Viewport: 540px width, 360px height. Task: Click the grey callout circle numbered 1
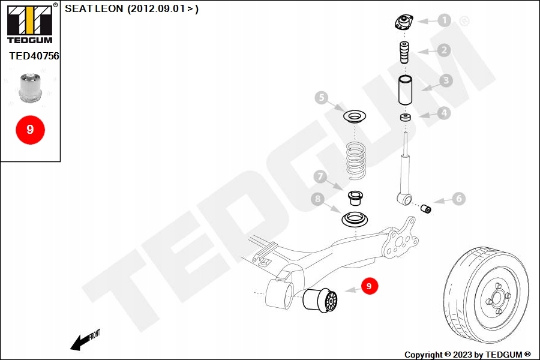tap(444, 20)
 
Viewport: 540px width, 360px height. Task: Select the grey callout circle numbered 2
tap(444, 50)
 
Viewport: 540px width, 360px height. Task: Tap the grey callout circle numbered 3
tap(445, 80)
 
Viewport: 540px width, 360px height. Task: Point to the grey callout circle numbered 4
tap(443, 112)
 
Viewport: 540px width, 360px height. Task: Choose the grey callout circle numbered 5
tap(322, 97)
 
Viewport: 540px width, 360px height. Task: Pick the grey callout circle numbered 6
tap(458, 199)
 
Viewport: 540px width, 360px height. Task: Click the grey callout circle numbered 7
tap(320, 176)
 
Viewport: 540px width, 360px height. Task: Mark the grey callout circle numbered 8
tap(318, 199)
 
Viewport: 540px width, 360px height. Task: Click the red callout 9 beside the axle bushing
tap(369, 287)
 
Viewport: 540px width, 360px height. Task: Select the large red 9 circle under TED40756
tap(30, 129)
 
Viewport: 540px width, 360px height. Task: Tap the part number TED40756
tap(34, 56)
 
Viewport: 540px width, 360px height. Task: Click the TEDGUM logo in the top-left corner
tap(29, 23)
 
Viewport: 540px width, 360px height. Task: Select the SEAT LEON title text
tap(131, 8)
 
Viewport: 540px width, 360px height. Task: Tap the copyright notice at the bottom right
tap(467, 355)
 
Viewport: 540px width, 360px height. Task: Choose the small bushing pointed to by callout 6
tap(427, 208)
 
